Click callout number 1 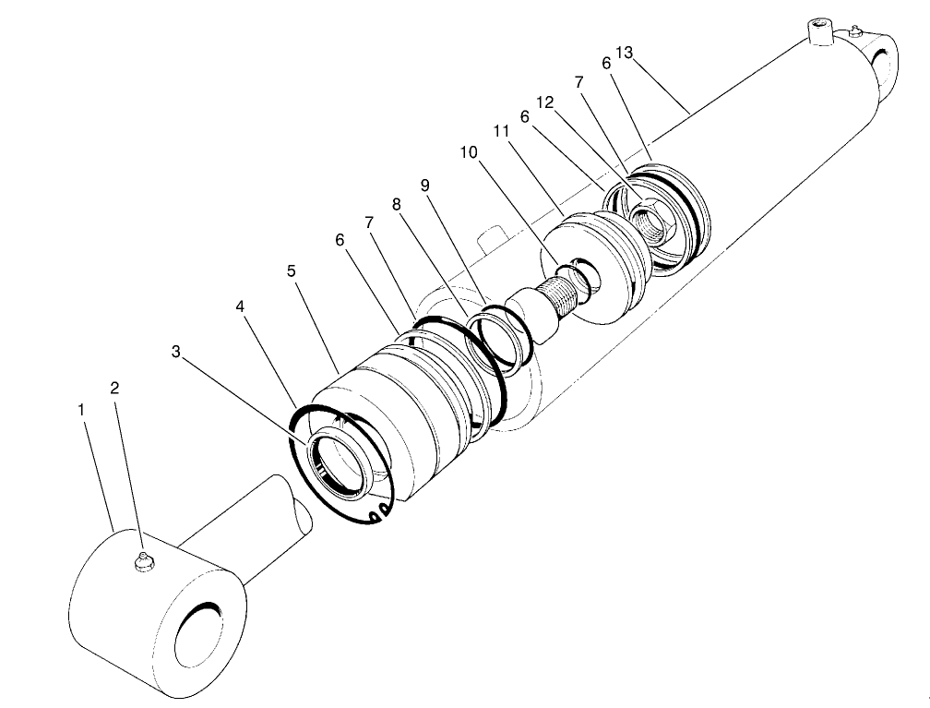pyautogui.click(x=83, y=406)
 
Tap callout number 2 pyautogui.click(x=114, y=388)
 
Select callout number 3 pyautogui.click(x=177, y=351)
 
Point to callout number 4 pyautogui.click(x=240, y=306)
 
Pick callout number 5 pyautogui.click(x=291, y=271)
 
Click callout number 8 pyautogui.click(x=397, y=204)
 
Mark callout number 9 pyautogui.click(x=425, y=185)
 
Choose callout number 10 pyautogui.click(x=470, y=152)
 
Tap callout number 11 pyautogui.click(x=501, y=132)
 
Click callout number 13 pyautogui.click(x=624, y=53)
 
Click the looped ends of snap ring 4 pyautogui.click(x=376, y=513)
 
